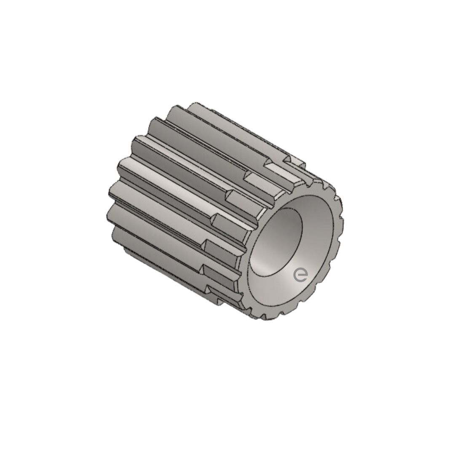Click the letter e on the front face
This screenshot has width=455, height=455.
point(300,275)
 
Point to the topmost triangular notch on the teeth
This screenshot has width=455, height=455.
point(287,160)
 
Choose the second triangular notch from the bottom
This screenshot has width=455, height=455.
point(204,269)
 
